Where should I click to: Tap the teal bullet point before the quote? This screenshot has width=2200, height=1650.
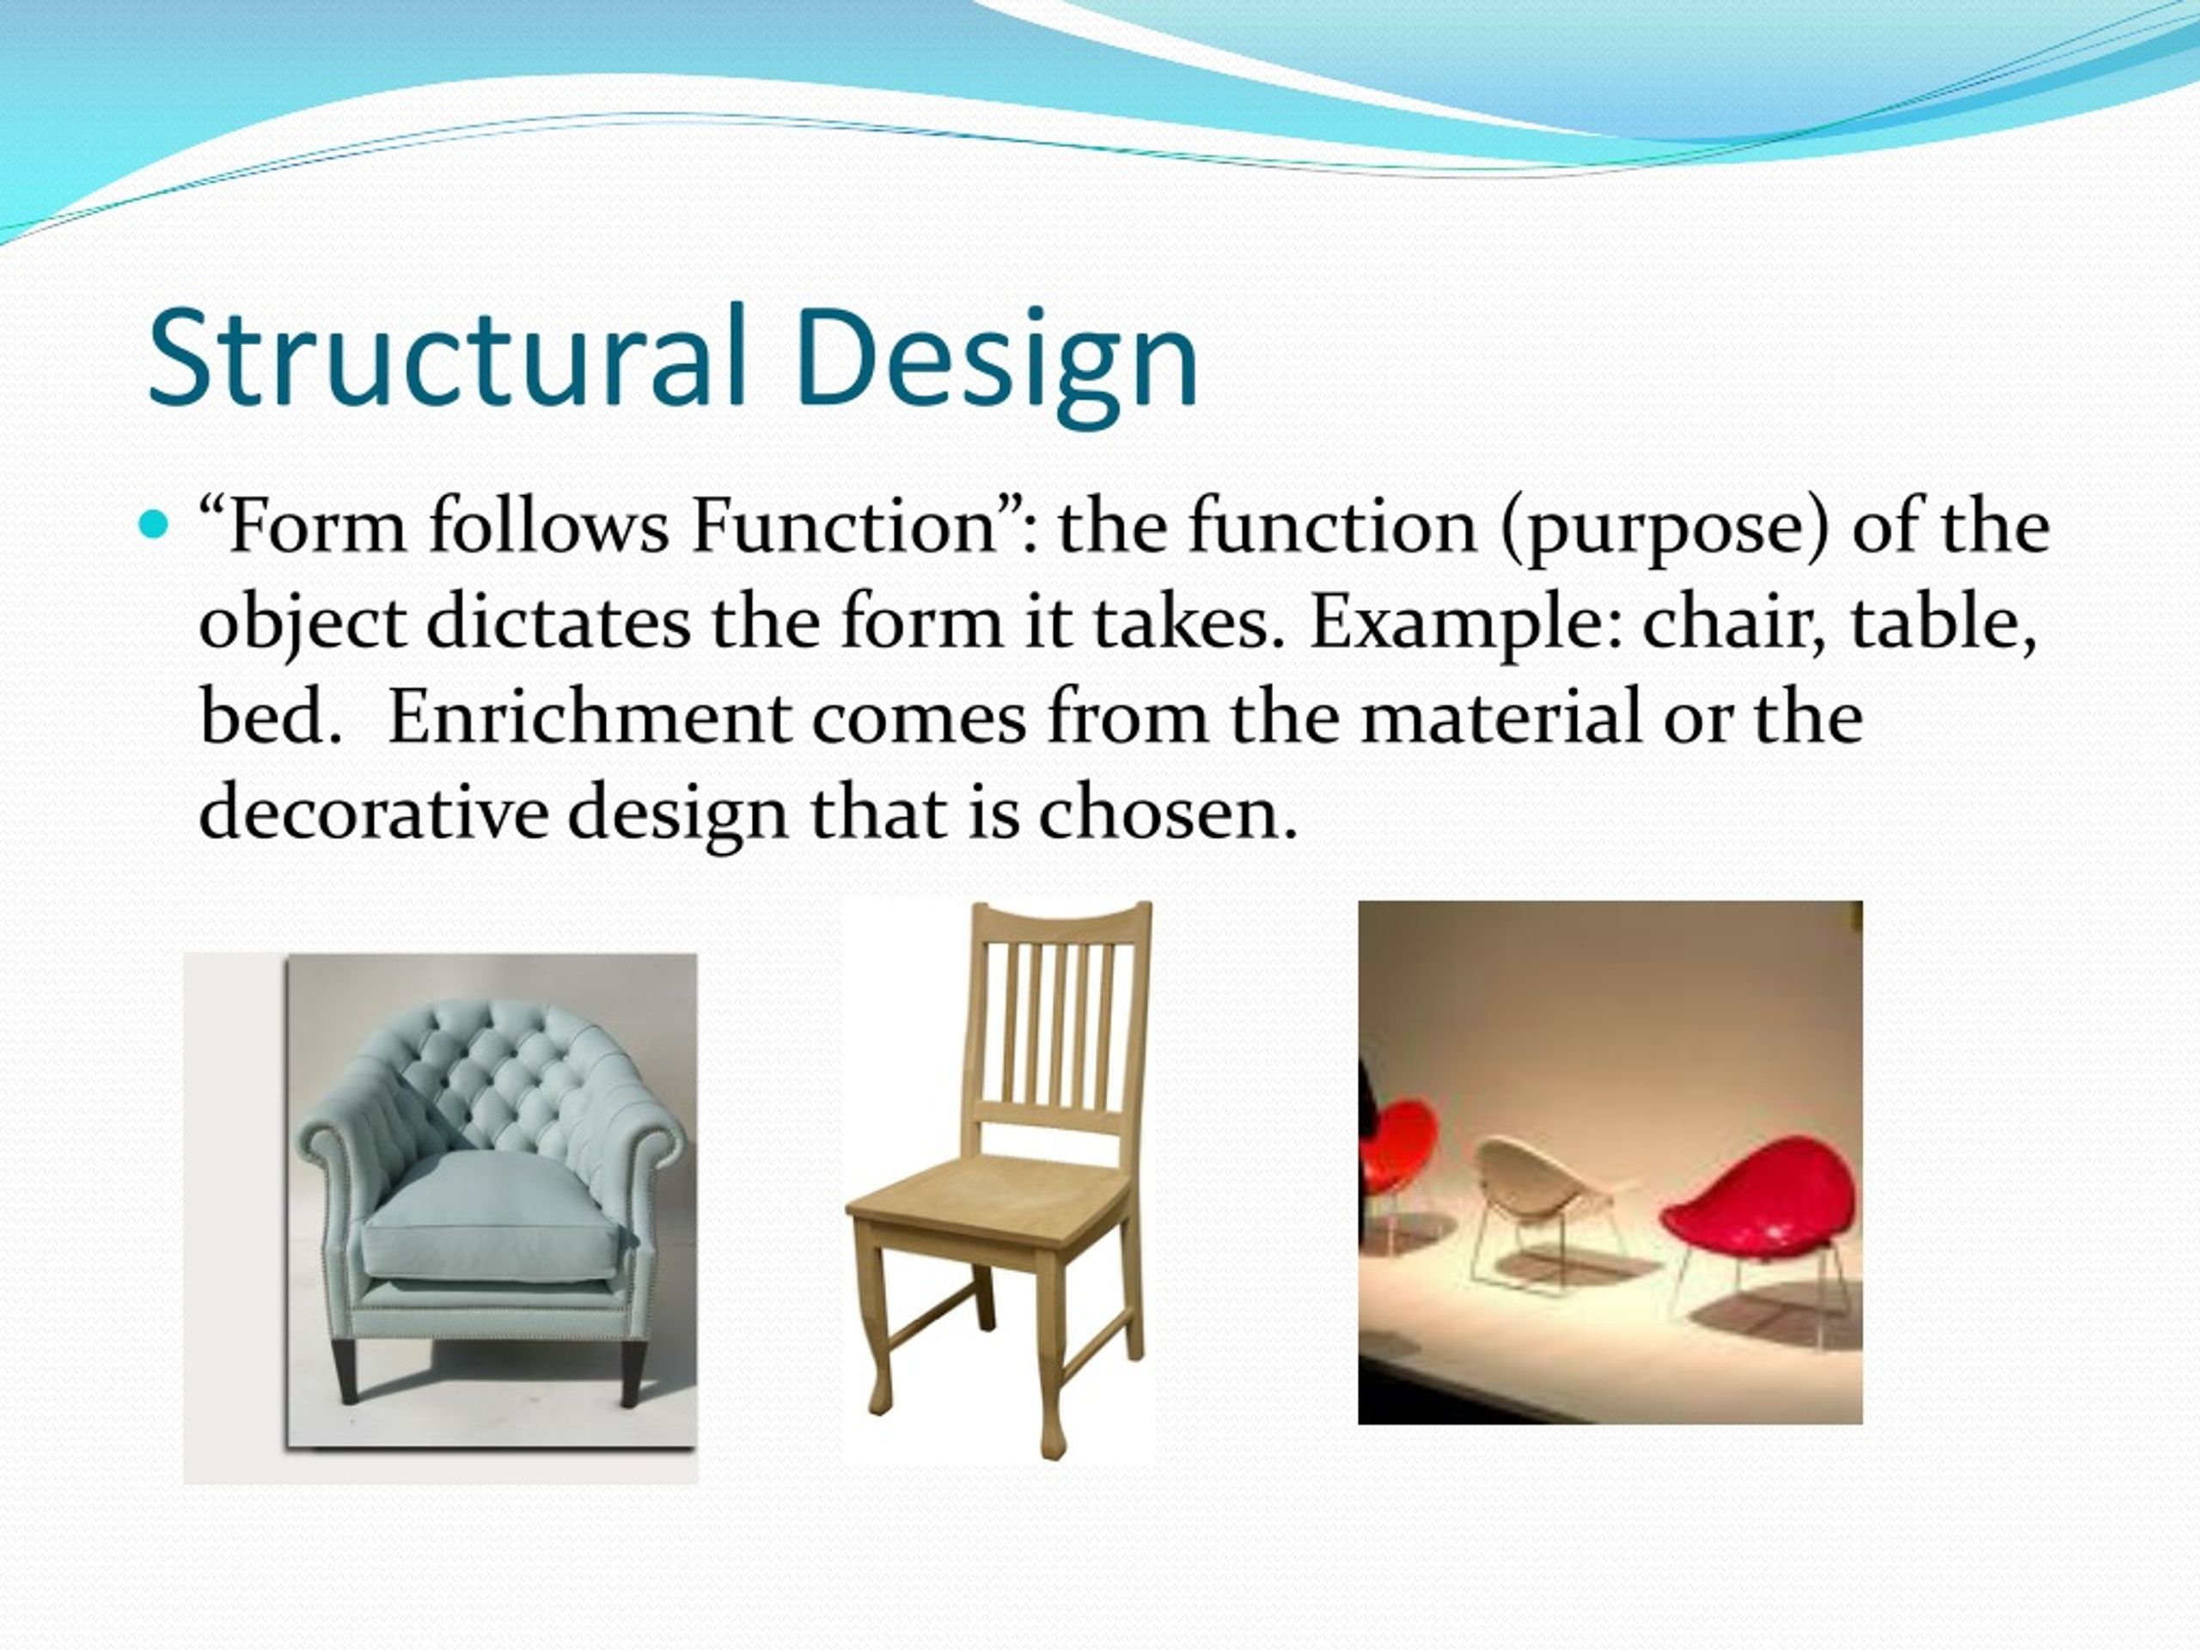click(153, 524)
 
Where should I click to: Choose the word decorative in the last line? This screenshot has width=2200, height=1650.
click(373, 811)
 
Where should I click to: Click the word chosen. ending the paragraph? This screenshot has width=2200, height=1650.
click(1169, 811)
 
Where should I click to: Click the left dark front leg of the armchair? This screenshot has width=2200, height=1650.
click(345, 1372)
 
